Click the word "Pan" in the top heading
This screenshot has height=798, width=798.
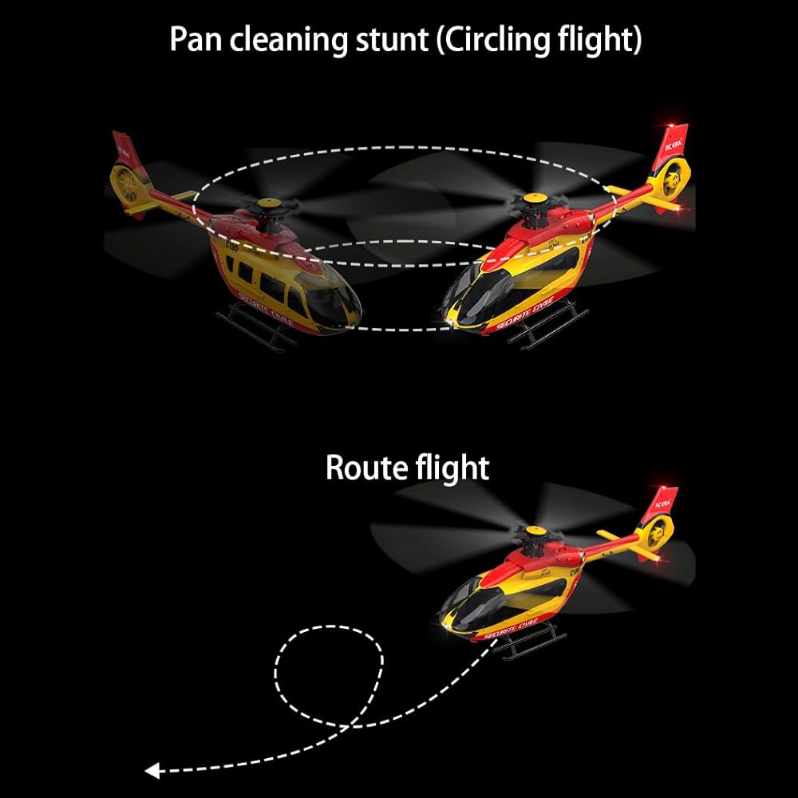coord(197,38)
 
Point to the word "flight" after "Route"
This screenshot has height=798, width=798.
coord(452,468)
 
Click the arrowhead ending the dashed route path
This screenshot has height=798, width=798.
coord(152,771)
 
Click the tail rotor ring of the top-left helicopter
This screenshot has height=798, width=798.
coord(126,183)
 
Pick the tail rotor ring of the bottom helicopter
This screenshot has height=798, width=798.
coord(658,532)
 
